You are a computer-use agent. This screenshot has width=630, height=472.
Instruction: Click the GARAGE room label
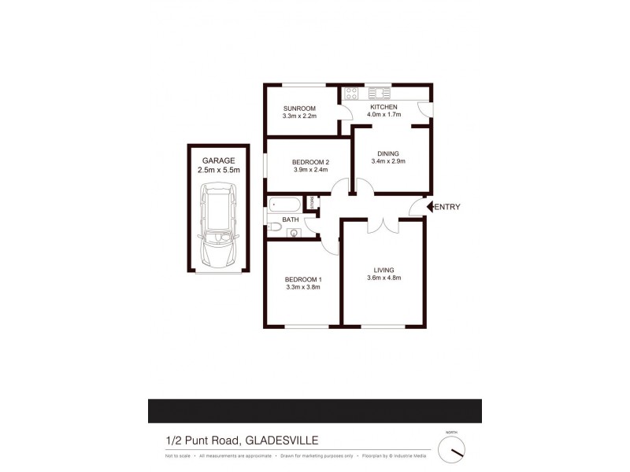218,160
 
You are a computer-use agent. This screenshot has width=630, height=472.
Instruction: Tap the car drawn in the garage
218,225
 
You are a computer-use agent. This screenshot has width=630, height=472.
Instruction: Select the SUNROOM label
299,108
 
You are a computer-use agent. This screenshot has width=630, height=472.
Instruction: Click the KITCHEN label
385,106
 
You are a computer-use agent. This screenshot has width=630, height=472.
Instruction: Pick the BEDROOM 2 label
304,162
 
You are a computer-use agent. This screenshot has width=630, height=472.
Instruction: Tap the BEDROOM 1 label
303,279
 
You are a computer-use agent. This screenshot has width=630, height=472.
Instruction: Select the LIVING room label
384,270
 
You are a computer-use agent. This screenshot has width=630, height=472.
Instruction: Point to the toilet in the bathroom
274,227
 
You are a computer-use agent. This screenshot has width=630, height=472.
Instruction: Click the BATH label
291,219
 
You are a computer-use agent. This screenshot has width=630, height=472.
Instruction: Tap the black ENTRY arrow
430,207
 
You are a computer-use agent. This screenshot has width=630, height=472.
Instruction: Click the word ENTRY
447,207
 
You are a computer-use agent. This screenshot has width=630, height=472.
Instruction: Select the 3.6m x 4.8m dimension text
384,278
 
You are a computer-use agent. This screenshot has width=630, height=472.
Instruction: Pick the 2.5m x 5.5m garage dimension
218,169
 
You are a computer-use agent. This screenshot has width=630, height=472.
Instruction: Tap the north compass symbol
452,449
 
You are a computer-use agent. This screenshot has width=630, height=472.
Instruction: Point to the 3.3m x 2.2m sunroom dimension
299,116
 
